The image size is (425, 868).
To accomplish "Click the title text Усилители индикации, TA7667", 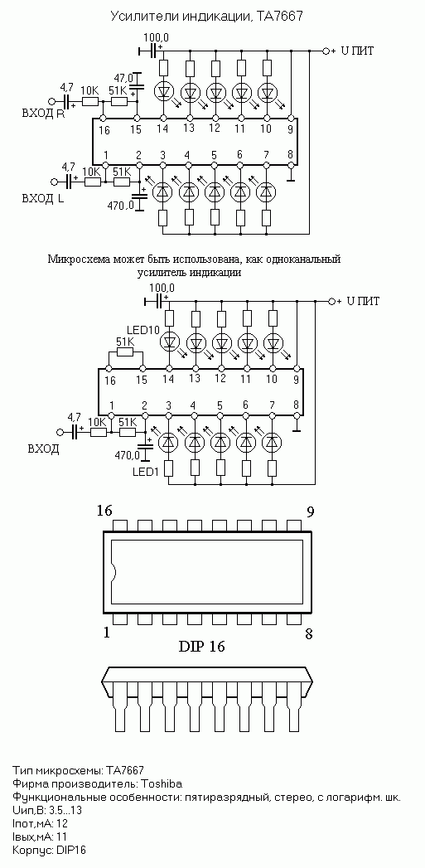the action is [207, 17].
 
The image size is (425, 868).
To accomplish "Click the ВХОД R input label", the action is [42, 114].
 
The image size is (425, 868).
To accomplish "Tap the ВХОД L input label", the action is [42, 199].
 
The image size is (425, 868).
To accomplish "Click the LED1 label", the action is [147, 473].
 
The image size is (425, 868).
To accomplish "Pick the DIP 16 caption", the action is [201, 646].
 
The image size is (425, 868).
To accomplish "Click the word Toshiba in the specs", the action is [162, 784].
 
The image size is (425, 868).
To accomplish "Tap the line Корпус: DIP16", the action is [49, 850].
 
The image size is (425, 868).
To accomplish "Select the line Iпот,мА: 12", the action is [40, 824].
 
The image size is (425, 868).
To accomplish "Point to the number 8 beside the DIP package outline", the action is [309, 633].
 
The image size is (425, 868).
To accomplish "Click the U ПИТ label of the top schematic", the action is [358, 51].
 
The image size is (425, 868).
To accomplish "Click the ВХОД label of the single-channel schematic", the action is [43, 449].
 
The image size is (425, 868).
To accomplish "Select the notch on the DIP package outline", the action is [113, 572].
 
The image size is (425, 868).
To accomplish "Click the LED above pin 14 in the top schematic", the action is [164, 90].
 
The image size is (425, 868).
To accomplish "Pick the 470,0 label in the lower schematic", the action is [128, 456].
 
